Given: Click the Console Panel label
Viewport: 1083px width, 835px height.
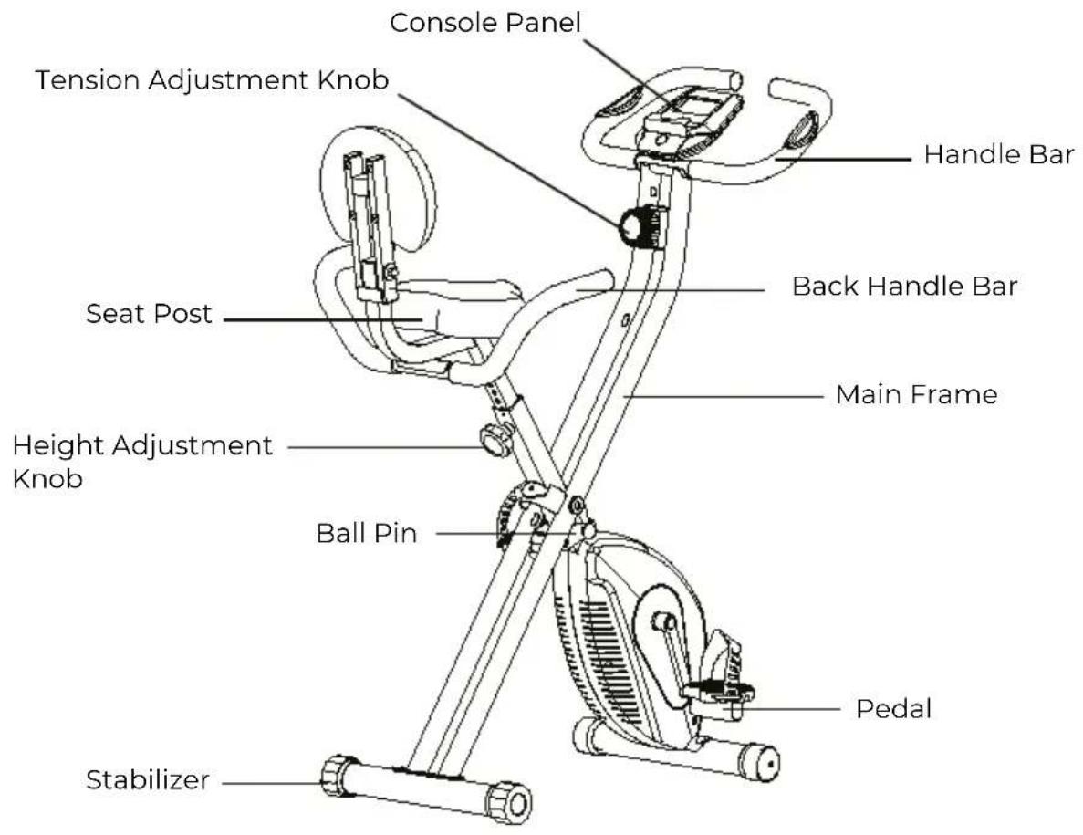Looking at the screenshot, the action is pos(484,23).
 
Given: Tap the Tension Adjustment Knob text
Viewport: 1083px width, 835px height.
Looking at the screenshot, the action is pos(212,80).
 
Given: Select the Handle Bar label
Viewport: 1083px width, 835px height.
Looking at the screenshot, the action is pos(999,155).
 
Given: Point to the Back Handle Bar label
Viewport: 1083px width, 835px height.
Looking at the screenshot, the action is pos(904,286).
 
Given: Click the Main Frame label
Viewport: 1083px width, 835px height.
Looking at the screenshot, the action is pos(917,395).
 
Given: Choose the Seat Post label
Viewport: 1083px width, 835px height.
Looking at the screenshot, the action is pos(149,314).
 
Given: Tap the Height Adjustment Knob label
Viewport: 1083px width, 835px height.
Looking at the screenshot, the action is pos(142,462).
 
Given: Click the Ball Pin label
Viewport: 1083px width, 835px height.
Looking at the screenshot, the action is pos(367,533).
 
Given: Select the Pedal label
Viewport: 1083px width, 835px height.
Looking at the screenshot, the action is pos(894,709).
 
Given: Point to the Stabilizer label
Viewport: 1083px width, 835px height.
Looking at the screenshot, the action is pos(147,779).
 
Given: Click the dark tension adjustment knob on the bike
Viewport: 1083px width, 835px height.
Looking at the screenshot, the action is pos(639,227).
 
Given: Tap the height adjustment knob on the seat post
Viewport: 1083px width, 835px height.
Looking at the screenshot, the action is pos(495,440).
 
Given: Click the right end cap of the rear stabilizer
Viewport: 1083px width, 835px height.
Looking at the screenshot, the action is pos(759,763).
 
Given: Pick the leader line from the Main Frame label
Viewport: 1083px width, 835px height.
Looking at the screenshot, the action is pos(723,396).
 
